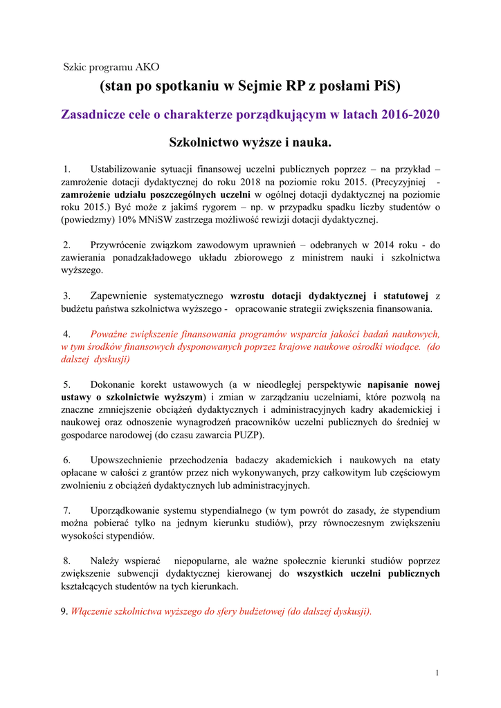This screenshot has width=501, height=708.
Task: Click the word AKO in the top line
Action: pos(147,67)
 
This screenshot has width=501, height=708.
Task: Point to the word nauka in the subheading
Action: pos(313,142)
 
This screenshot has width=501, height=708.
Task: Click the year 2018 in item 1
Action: pos(235,181)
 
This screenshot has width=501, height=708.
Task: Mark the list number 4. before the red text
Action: pos(67,334)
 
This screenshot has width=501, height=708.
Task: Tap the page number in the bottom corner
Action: pos(437,673)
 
